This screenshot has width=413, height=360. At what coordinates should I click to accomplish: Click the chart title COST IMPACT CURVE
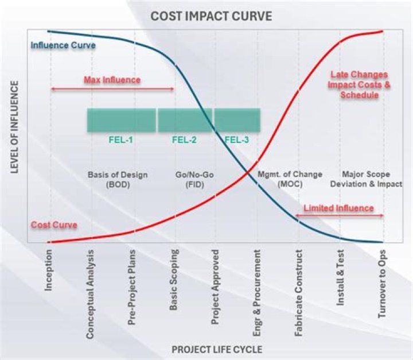[x=211, y=16]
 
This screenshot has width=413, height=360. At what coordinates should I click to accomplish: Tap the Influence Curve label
[x=63, y=45]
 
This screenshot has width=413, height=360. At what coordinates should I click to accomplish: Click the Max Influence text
[x=112, y=80]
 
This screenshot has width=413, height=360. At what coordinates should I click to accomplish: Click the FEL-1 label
[x=121, y=139]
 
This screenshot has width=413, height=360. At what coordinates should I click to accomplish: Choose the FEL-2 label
[x=184, y=139]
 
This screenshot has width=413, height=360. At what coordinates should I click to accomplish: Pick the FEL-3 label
[x=236, y=139]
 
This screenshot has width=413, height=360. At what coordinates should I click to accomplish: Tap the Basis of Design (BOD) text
[x=118, y=179]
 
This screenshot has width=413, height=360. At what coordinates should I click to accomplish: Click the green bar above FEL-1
[x=121, y=121]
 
